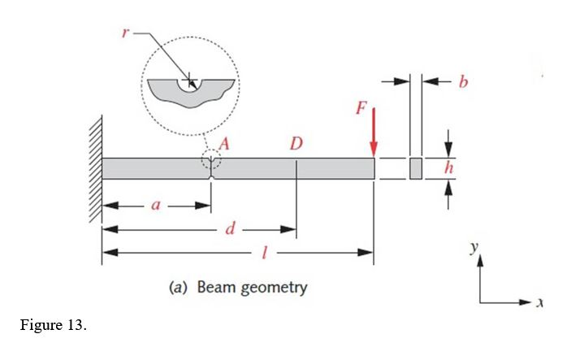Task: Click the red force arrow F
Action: point(374,132)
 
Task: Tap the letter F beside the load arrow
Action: point(361,108)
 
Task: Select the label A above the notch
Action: point(224,144)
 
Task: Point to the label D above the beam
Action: point(297,144)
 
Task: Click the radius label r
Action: point(126,33)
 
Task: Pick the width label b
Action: point(463,81)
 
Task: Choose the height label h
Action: point(448,168)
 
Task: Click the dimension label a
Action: point(156,206)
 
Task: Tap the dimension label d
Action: point(230,228)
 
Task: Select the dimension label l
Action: point(264,253)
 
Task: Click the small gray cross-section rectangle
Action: point(416,168)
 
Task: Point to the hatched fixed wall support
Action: point(96,169)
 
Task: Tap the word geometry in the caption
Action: point(274,288)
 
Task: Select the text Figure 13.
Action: point(54,325)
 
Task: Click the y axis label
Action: point(474,247)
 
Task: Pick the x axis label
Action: point(539,302)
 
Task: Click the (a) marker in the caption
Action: point(178,287)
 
